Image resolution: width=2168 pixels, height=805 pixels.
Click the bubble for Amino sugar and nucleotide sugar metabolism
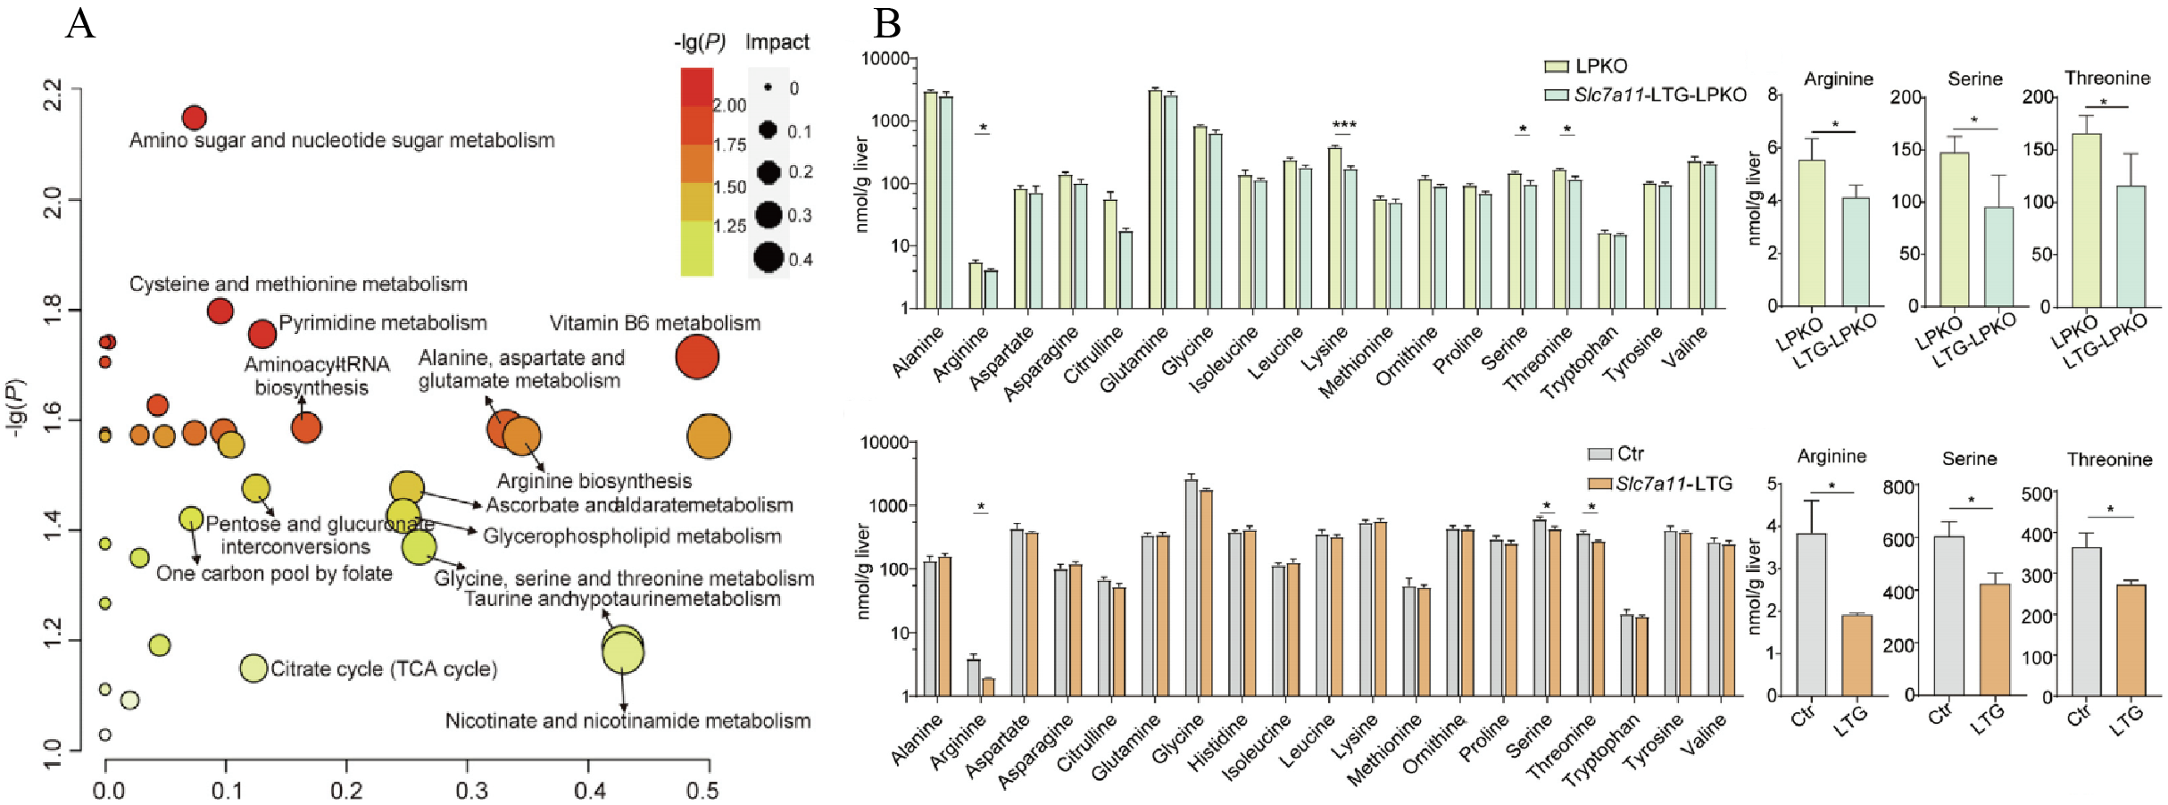[195, 117]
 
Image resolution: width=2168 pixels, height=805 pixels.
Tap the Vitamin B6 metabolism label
[654, 323]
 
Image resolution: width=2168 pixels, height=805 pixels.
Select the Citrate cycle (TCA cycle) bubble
[253, 668]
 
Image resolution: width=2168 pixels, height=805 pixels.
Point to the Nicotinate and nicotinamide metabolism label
[627, 721]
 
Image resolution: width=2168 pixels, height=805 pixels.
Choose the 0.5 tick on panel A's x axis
[702, 791]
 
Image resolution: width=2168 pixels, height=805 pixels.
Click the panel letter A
[80, 24]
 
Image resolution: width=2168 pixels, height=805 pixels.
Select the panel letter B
[886, 24]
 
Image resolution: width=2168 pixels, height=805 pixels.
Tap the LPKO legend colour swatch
[1556, 66]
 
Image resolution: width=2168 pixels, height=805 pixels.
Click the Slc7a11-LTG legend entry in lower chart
[1674, 484]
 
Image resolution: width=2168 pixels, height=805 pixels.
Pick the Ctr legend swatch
[1599, 454]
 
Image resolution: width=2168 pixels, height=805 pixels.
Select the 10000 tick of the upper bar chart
[885, 59]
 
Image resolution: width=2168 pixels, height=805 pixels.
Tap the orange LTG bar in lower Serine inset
[1995, 639]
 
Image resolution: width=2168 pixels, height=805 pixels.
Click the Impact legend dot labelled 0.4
[768, 257]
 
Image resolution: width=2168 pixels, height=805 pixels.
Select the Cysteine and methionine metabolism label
[298, 284]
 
